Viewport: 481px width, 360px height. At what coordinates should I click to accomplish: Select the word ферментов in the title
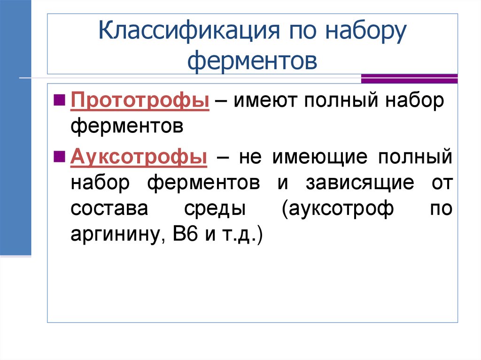[252, 61]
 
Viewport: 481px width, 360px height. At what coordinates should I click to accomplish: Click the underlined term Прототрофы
[140, 100]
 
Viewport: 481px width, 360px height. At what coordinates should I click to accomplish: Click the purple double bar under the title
[409, 78]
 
